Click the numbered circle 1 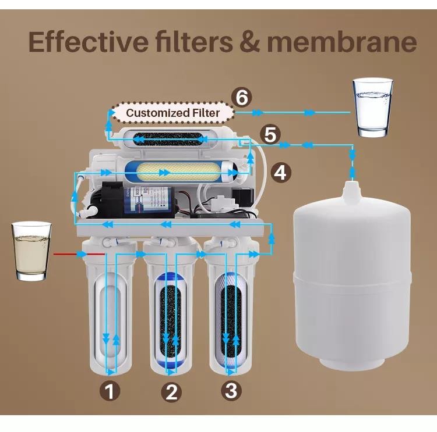click(x=110, y=391)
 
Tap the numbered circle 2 click(x=171, y=392)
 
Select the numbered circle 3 click(x=231, y=390)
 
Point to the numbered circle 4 click(x=281, y=173)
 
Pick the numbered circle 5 click(x=270, y=135)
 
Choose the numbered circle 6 click(x=242, y=98)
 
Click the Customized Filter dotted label click(x=173, y=113)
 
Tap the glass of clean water click(x=373, y=108)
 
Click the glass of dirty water click(x=31, y=251)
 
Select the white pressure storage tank click(x=353, y=276)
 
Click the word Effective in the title click(x=89, y=42)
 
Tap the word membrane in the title click(x=342, y=42)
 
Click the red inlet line click(x=79, y=254)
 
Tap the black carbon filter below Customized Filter click(x=168, y=138)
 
